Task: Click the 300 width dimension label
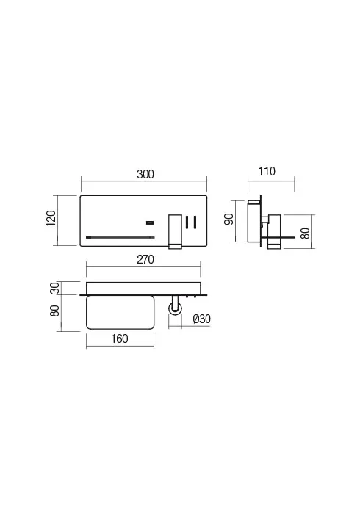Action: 145,174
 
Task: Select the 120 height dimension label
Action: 51,218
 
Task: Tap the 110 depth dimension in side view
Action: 267,172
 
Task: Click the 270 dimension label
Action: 144,259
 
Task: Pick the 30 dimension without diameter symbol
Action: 53,287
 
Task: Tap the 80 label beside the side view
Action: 305,234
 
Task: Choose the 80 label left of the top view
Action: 53,311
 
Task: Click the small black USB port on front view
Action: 149,221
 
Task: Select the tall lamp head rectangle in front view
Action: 175,231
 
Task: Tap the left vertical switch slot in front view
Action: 187,222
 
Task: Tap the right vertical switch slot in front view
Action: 195,222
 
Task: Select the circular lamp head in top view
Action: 175,311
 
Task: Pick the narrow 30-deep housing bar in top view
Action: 144,287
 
